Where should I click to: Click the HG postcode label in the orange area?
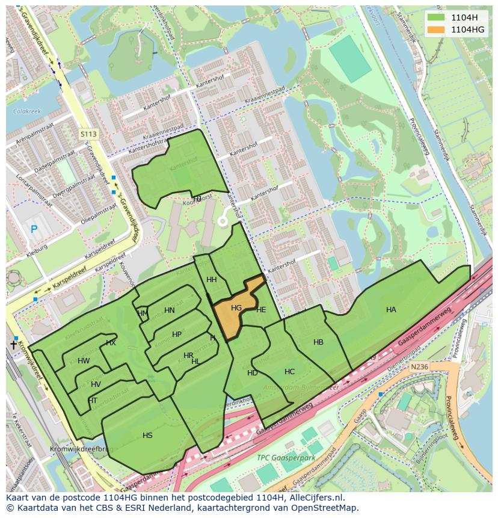[236, 308]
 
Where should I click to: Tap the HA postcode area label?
[391, 310]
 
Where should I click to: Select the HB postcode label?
[318, 342]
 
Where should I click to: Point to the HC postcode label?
[289, 372]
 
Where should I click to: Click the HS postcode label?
[147, 436]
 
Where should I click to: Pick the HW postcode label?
[84, 361]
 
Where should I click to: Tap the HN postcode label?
[170, 310]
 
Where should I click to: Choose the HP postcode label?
[177, 335]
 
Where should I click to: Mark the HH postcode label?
[212, 280]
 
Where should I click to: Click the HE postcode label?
[261, 310]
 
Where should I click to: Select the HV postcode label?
[96, 384]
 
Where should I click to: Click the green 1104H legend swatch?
[435, 17]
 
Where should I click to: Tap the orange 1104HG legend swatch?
[435, 29]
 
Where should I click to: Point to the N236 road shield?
[419, 366]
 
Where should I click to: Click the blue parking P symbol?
[34, 229]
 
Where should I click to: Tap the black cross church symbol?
[14, 345]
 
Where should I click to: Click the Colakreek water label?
[26, 111]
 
